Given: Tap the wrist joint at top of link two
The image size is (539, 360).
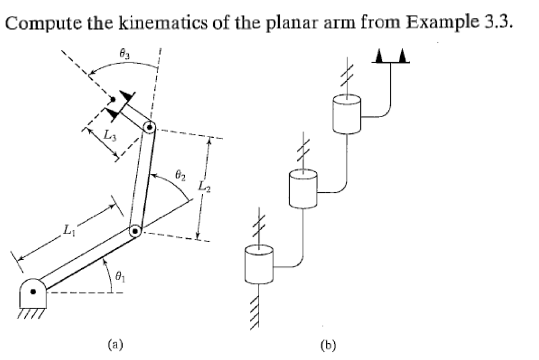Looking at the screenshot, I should (x=149, y=128).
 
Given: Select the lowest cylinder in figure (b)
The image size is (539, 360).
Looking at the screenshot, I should (x=259, y=264).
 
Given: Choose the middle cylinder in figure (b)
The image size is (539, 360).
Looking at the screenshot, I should (x=303, y=189).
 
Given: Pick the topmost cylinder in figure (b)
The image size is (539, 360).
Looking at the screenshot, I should (x=347, y=114).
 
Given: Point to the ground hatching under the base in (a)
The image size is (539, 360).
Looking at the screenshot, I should (x=32, y=316).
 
